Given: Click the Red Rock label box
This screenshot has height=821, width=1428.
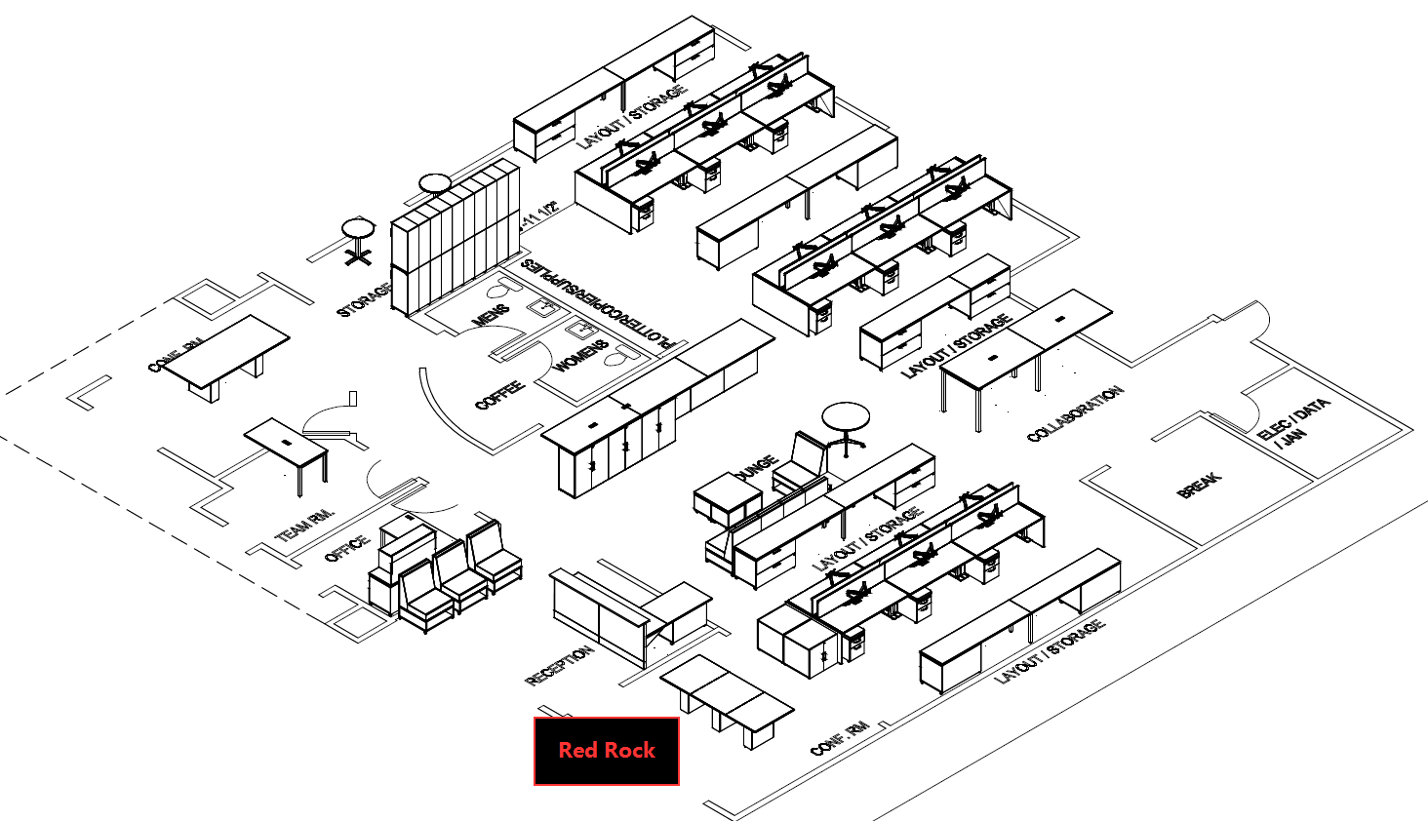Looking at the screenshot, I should (x=606, y=751).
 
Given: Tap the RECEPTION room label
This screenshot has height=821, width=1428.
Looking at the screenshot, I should (x=559, y=666).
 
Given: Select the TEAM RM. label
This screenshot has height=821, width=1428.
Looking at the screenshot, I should (x=304, y=525).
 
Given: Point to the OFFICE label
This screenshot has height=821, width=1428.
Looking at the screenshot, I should (x=346, y=548).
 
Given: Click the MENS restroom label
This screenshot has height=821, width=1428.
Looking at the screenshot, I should (x=490, y=316).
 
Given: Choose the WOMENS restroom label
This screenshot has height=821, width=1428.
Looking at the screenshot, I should (x=581, y=356).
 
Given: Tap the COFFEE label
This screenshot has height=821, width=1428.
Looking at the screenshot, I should (x=499, y=395).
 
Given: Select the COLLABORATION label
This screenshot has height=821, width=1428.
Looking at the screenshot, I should (x=1075, y=413).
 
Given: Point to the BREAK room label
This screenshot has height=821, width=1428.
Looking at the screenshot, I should (x=1199, y=485).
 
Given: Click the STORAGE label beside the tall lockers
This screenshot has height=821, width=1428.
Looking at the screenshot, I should (x=364, y=299).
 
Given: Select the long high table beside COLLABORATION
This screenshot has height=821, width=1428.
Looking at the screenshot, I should (x=1024, y=346).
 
